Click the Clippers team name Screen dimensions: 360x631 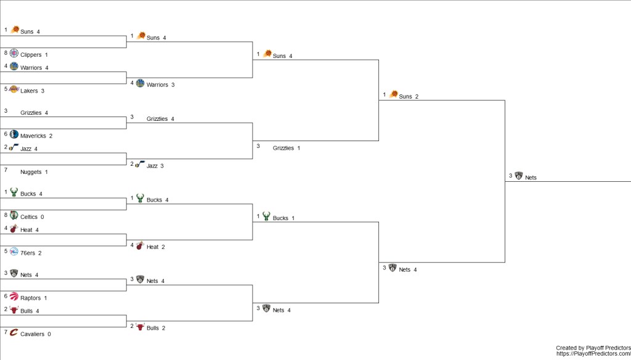pyautogui.click(x=31, y=55)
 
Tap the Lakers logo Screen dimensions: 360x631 pyautogui.click(x=14, y=89)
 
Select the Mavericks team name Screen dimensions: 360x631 pyautogui.click(x=33, y=136)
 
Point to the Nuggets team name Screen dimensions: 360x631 pyautogui.click(x=31, y=172)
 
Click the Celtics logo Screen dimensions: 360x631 pyautogui.click(x=14, y=215)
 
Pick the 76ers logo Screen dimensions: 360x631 pyautogui.click(x=14, y=252)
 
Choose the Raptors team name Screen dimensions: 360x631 pyautogui.click(x=30, y=298)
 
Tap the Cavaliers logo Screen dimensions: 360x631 pyautogui.click(x=14, y=333)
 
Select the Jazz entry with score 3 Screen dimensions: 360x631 pyautogui.click(x=153, y=166)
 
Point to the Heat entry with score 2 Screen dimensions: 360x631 pyautogui.click(x=154, y=247)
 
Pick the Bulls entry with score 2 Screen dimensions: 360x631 pyautogui.click(x=154, y=328)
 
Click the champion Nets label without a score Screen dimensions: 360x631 pyautogui.click(x=531, y=178)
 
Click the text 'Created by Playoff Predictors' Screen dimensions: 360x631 pyautogui.click(x=592, y=348)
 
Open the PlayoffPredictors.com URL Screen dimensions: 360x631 pyautogui.click(x=593, y=354)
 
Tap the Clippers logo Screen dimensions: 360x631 pyautogui.click(x=14, y=53)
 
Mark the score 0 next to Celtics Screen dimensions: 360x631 pyautogui.click(x=43, y=217)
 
